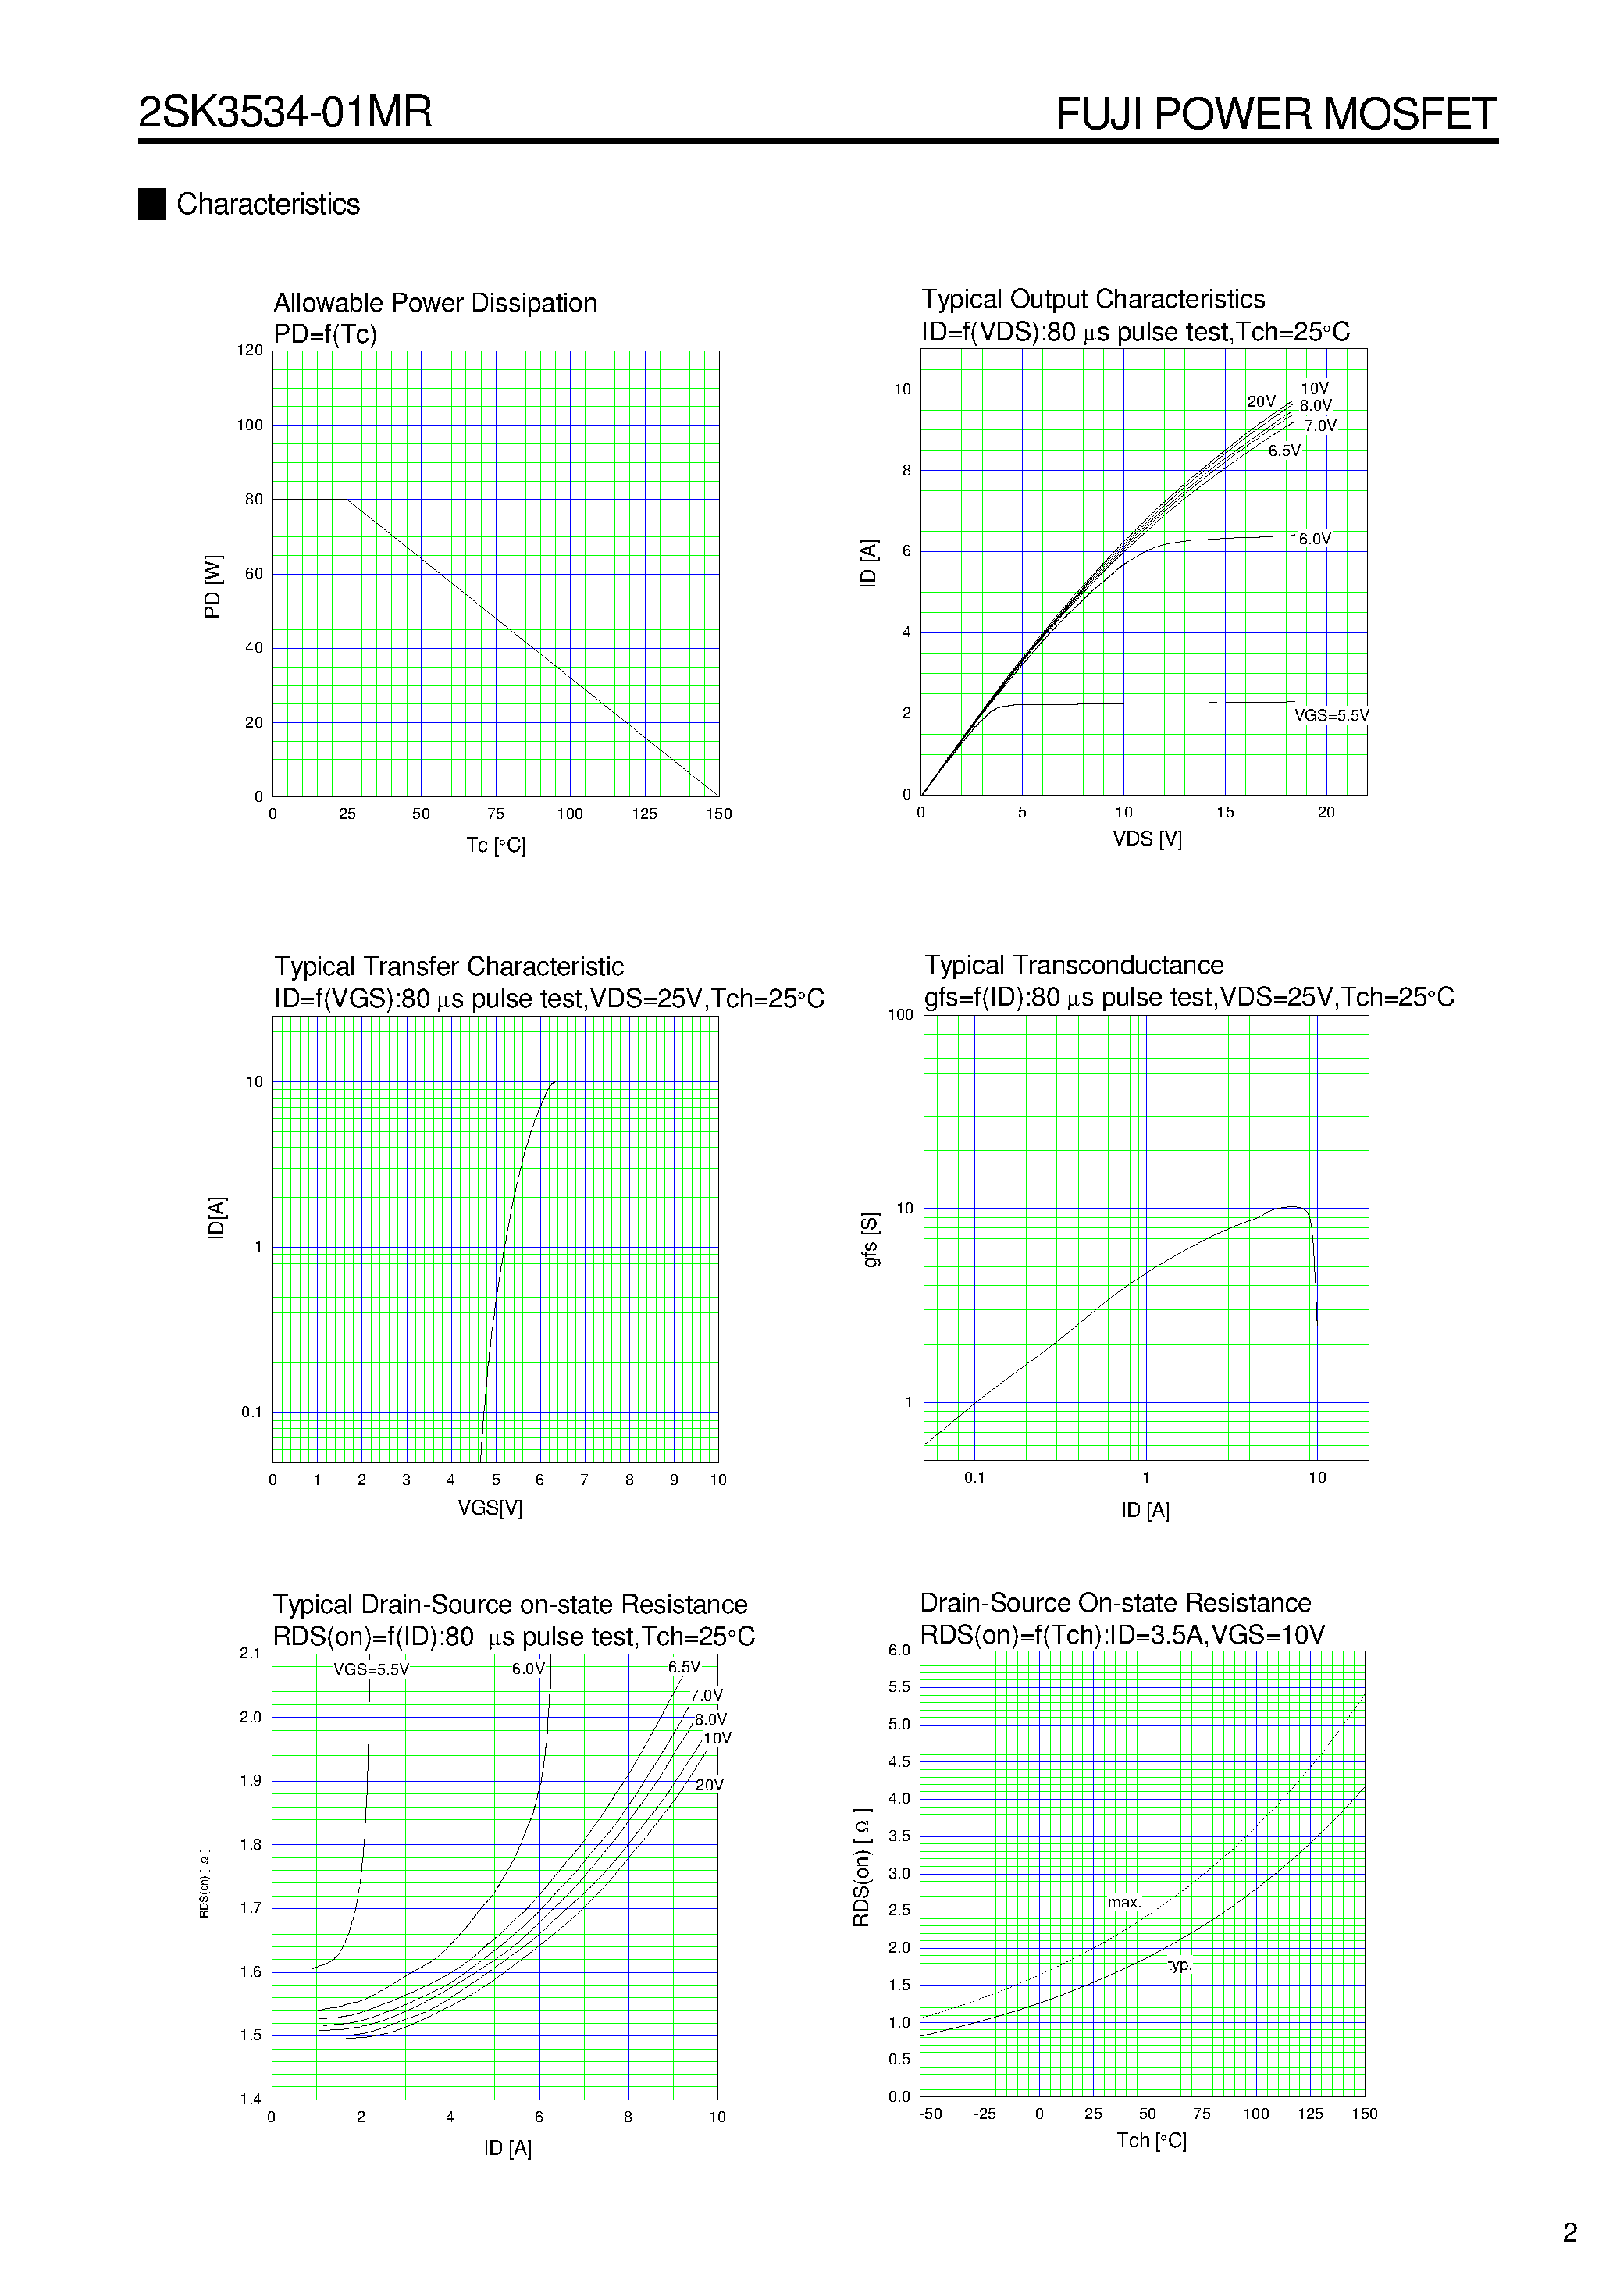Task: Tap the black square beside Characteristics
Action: [x=151, y=204]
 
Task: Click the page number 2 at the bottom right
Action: [x=1569, y=2232]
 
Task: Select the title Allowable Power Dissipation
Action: [x=435, y=303]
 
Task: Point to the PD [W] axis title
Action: [x=212, y=586]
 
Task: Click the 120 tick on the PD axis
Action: [x=250, y=350]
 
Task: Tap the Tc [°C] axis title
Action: [x=495, y=845]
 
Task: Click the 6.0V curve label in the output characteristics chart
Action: [x=1314, y=539]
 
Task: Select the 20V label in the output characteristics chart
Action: [x=1261, y=402]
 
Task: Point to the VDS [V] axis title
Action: [x=1147, y=839]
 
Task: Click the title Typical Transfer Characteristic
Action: [x=448, y=967]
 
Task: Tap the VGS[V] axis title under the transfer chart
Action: [x=490, y=1508]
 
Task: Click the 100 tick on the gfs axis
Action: [x=900, y=1014]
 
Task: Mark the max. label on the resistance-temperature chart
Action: [x=1123, y=1902]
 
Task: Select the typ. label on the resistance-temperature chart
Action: [x=1180, y=1964]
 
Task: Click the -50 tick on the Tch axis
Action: [x=930, y=2114]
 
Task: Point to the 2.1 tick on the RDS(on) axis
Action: [x=250, y=1654]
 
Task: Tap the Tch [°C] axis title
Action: [x=1151, y=2140]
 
